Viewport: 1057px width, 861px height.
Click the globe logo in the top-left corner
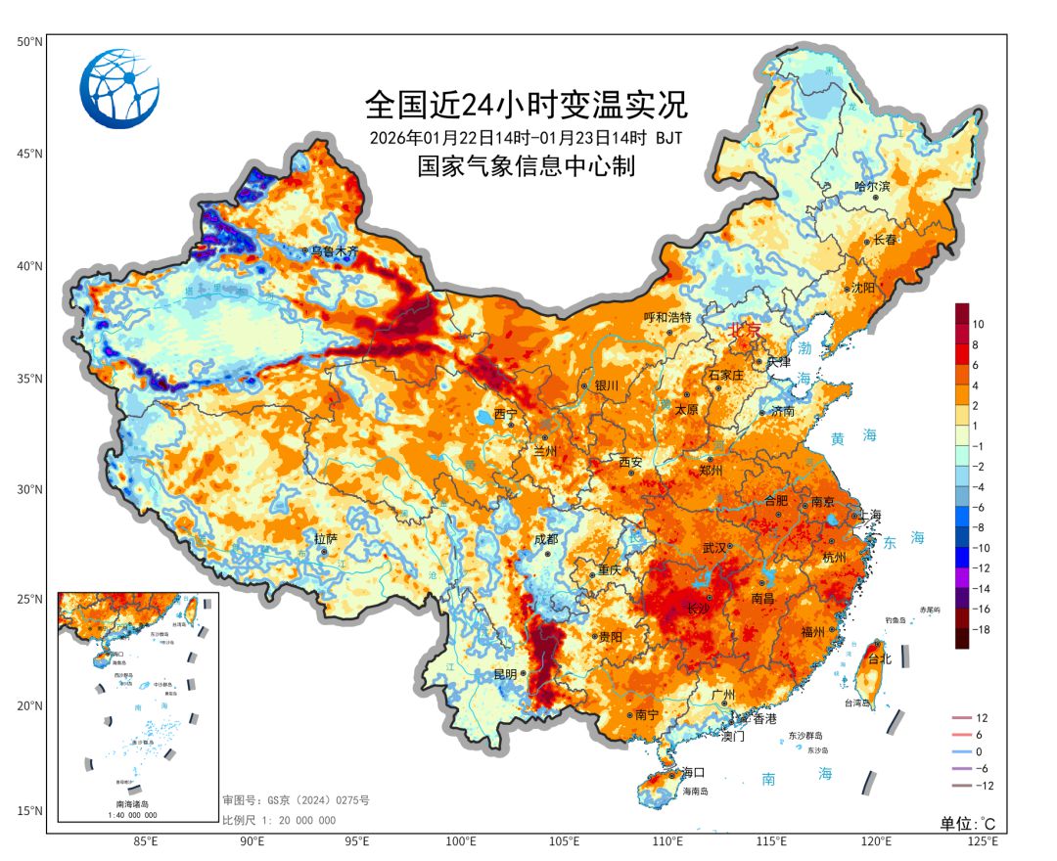pyautogui.click(x=119, y=89)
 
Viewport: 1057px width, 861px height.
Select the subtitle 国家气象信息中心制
pyautogui.click(x=526, y=166)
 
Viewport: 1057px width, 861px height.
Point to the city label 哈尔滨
pyautogui.click(x=872, y=186)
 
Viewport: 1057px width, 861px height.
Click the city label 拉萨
pyautogui.click(x=325, y=538)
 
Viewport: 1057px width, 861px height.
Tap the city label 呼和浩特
pyautogui.click(x=667, y=318)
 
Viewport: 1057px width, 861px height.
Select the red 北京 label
pyautogui.click(x=744, y=331)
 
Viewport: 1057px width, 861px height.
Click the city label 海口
pyautogui.click(x=693, y=772)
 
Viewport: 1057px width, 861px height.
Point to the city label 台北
pyautogui.click(x=880, y=659)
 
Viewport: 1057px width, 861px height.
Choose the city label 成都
pyautogui.click(x=545, y=539)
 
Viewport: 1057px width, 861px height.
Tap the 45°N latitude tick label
pyautogui.click(x=28, y=154)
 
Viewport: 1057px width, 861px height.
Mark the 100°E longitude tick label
pyautogui.click(x=461, y=840)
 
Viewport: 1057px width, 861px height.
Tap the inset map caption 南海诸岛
pyautogui.click(x=136, y=803)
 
